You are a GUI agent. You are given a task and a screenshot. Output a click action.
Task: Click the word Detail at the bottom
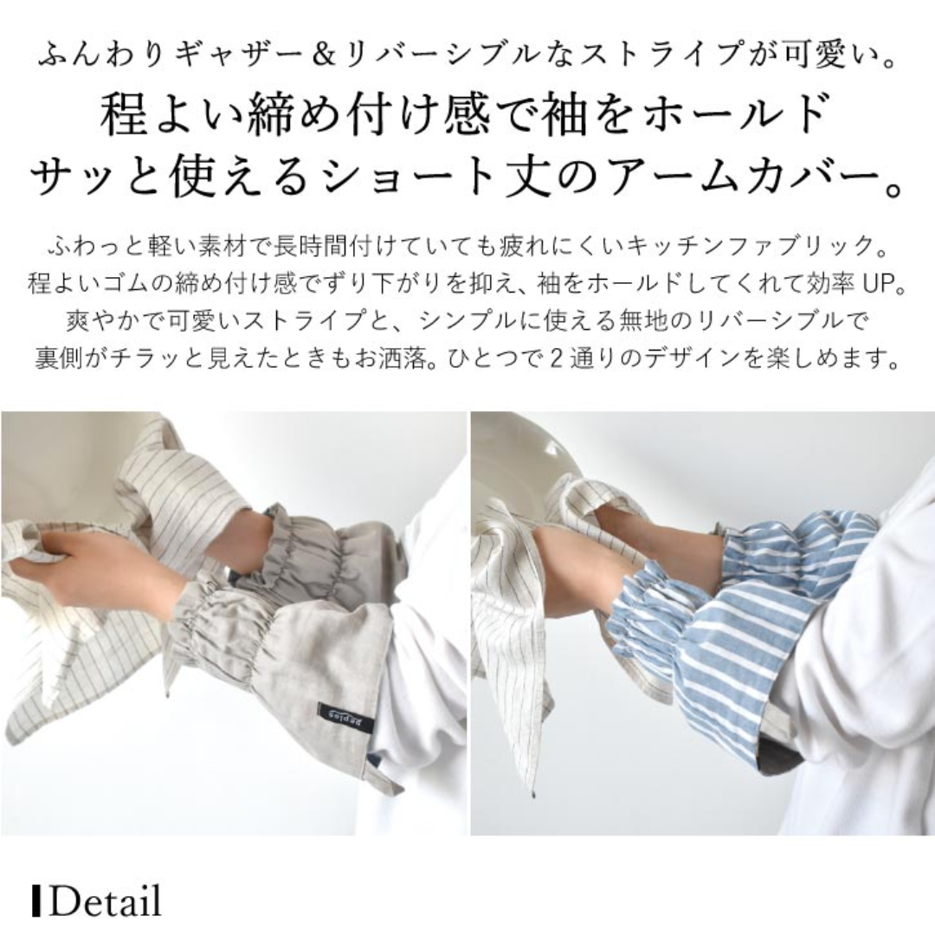click(x=106, y=900)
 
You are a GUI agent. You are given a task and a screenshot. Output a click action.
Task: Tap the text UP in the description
click(x=876, y=284)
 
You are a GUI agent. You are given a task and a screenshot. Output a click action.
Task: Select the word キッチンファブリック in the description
click(x=748, y=246)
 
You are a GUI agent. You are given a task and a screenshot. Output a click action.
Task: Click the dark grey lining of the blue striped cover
click(x=771, y=760)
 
